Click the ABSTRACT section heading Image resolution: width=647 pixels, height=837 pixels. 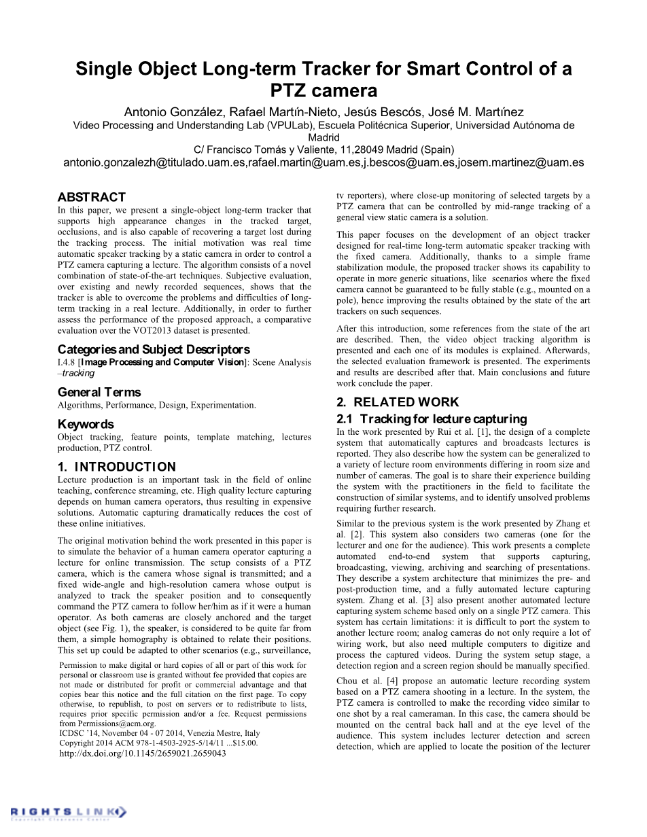click(92, 197)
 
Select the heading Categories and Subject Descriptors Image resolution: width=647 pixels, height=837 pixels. click(154, 350)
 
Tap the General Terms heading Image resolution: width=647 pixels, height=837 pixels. click(99, 392)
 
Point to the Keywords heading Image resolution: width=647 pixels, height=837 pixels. click(86, 424)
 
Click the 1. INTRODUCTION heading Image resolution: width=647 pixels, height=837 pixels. click(117, 467)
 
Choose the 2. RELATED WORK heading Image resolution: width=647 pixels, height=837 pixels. click(398, 402)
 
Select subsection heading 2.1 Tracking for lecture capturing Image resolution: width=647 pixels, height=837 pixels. click(432, 418)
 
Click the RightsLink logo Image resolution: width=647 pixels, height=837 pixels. click(68, 812)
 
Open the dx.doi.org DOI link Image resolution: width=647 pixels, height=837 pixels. click(143, 753)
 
